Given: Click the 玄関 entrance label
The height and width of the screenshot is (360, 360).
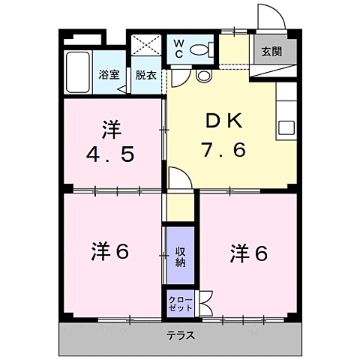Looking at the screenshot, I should click(271, 52).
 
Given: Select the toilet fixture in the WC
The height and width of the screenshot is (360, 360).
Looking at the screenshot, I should click(199, 50).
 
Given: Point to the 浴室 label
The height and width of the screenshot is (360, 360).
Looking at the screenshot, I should click(109, 74).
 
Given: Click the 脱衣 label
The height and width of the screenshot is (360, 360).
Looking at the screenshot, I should click(145, 74).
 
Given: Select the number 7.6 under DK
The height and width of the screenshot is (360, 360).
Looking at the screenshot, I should click(222, 150).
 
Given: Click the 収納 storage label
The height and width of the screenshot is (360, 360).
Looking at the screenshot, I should click(181, 256).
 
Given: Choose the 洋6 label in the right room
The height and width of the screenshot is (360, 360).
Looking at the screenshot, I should click(247, 253).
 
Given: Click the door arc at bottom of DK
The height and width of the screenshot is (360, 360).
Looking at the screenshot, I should click(177, 179).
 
